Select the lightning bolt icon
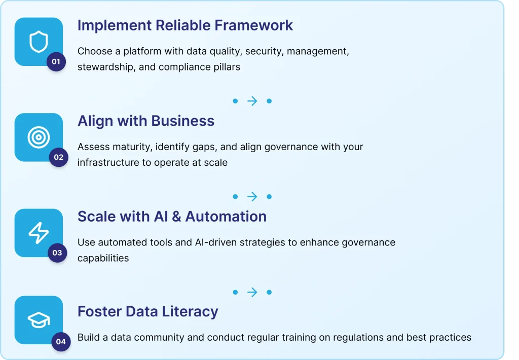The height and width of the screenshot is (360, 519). (x=39, y=233)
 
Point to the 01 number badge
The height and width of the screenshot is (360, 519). (x=56, y=61)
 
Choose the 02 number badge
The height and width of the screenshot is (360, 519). (x=59, y=157)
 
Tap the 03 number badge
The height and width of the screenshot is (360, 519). (x=57, y=253)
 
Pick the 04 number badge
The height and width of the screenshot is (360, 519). (x=61, y=341)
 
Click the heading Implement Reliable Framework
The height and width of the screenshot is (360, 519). (x=185, y=25)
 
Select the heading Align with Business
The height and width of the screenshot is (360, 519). (x=146, y=121)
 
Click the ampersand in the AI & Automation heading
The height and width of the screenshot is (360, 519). (x=176, y=217)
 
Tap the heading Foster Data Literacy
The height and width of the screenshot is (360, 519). (x=148, y=312)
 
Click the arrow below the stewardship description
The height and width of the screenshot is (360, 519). (x=252, y=101)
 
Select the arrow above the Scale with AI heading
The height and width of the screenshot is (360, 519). (x=252, y=197)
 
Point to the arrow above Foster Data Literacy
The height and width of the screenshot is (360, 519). (x=252, y=292)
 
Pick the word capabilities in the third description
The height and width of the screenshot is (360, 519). (x=103, y=258)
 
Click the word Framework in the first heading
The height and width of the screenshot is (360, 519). (x=254, y=25)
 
